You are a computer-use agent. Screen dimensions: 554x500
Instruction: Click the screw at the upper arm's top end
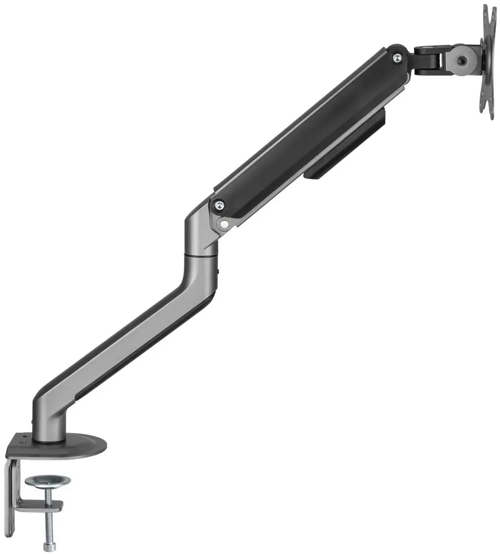pos(397,58)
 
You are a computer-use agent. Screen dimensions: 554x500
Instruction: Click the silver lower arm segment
pos(128,339)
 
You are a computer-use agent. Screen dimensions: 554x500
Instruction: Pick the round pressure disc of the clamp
pos(48,481)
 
